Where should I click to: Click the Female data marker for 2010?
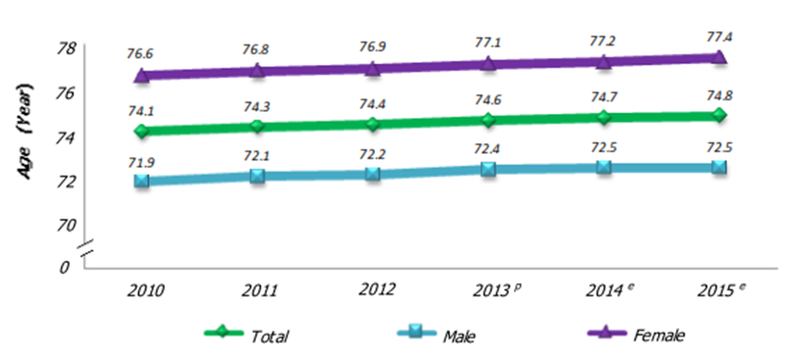point(141,75)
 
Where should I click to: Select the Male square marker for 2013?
point(488,167)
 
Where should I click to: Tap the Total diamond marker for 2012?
point(372,124)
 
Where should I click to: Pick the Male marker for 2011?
point(258,176)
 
